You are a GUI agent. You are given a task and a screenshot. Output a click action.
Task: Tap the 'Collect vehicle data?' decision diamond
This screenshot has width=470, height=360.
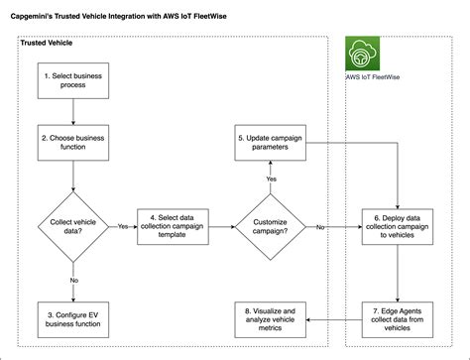73,226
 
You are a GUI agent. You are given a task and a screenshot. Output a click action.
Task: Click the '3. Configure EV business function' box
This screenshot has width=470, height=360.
73,318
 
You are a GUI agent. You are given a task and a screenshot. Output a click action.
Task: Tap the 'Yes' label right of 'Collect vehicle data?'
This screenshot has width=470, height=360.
123,226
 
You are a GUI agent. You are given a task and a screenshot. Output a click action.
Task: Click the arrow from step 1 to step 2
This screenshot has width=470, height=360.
73,112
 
